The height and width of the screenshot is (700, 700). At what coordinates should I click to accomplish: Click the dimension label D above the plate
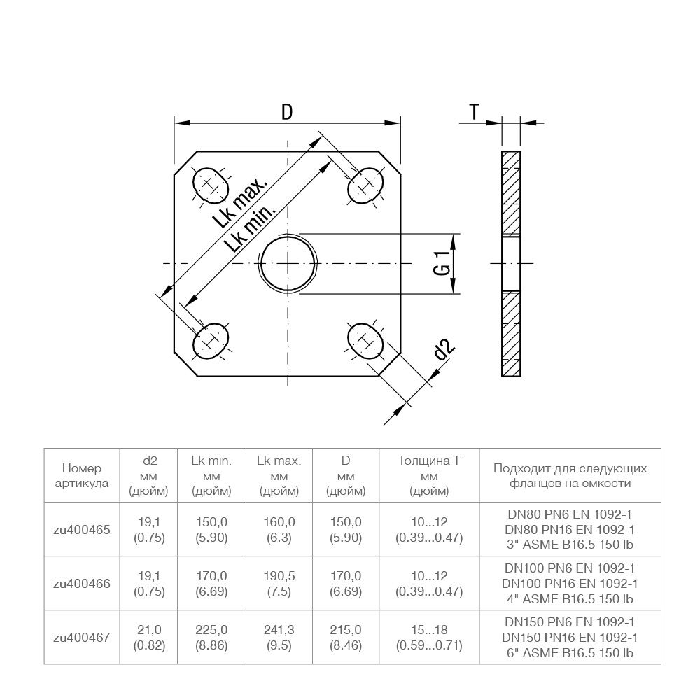click(287, 111)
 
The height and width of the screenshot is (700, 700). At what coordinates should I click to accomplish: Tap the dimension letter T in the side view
click(475, 111)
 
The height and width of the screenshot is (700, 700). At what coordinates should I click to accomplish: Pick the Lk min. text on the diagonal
click(251, 229)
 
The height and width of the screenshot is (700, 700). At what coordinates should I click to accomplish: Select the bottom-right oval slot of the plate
click(365, 340)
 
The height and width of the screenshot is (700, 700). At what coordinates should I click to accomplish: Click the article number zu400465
click(82, 530)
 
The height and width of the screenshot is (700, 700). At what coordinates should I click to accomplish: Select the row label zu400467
click(82, 638)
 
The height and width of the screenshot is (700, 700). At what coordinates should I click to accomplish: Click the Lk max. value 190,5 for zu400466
click(279, 576)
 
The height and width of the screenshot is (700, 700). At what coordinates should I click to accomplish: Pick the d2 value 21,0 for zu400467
click(149, 630)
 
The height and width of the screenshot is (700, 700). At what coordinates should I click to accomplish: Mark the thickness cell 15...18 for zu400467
click(429, 630)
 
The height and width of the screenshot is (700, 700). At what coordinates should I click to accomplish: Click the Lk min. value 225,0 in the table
click(212, 630)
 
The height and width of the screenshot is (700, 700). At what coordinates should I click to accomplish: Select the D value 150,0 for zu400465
click(346, 522)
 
